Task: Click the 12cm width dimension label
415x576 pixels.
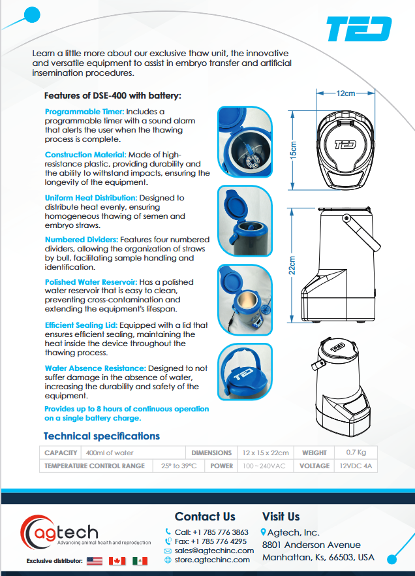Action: [346, 93]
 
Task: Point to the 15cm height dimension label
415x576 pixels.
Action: [293, 150]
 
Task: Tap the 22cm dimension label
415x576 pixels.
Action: [293, 265]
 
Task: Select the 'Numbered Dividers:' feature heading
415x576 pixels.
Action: [82, 240]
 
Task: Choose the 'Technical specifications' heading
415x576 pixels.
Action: [101, 436]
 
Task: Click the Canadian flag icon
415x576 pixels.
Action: [117, 560]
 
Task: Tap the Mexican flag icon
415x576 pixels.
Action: [140, 560]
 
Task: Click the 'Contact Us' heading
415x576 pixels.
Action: [205, 517]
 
